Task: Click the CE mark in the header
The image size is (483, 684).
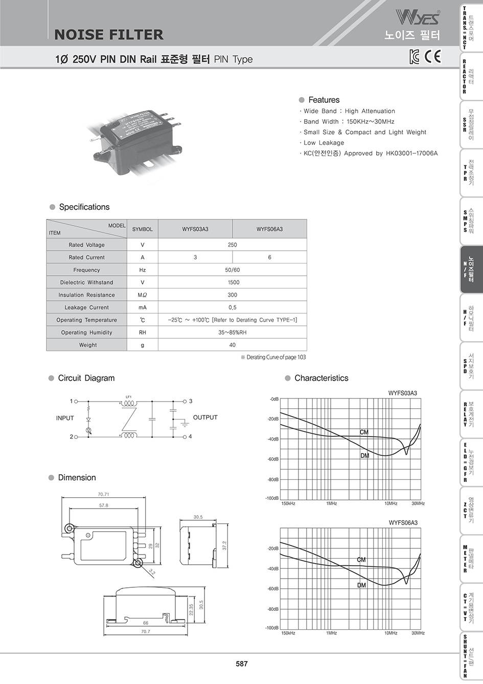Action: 433,56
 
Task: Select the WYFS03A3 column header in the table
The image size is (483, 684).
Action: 195,229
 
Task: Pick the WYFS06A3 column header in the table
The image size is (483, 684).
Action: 269,229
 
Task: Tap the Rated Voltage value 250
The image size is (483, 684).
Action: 232,245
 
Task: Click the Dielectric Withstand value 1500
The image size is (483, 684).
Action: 232,282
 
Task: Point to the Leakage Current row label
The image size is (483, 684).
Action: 86,307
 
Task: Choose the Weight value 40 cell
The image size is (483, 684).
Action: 232,345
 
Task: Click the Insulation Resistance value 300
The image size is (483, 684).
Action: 232,295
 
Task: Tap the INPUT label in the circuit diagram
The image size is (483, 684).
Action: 65,418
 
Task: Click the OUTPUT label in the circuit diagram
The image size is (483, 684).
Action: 205,417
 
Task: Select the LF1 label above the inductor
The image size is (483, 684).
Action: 128,396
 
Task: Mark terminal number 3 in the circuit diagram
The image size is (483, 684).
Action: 191,401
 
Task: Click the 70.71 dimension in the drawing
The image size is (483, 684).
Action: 103,494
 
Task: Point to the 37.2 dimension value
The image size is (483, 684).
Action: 224,546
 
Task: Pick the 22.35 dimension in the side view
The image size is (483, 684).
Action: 191,610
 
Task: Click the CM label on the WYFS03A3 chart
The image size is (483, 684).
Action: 364,432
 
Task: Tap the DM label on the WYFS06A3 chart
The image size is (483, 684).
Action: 362,585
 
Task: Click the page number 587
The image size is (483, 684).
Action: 242,664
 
